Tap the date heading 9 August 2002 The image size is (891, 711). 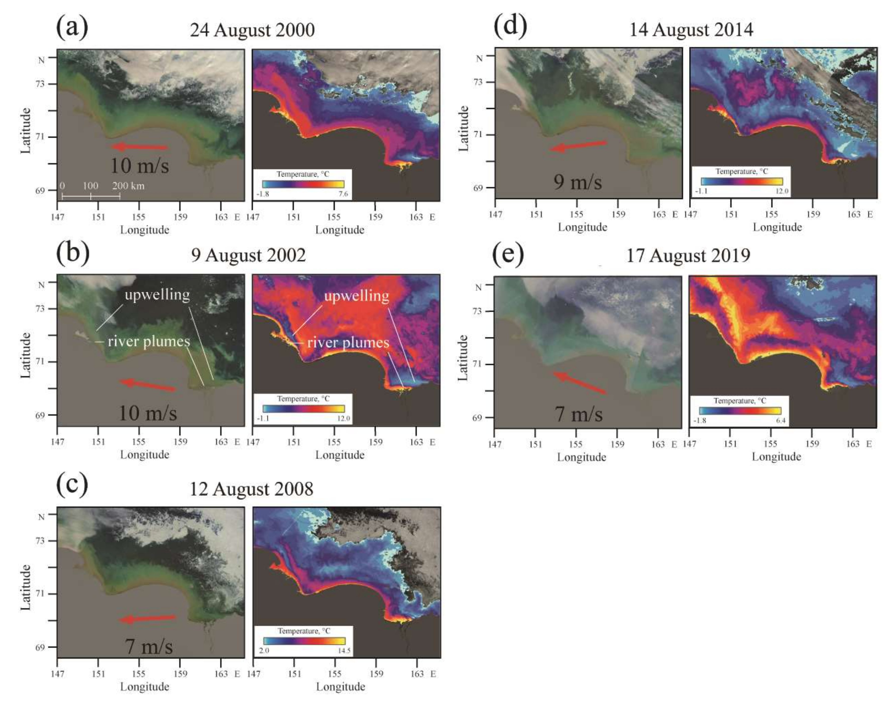pos(248,255)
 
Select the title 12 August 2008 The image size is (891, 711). pos(251,489)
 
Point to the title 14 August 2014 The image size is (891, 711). pos(691,30)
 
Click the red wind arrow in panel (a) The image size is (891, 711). pos(139,147)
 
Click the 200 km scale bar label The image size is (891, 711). pos(128,186)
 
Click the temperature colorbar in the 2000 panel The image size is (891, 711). pos(303,184)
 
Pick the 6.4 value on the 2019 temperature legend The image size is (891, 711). pos(781,421)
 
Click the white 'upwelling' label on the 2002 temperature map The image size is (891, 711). pos(356,296)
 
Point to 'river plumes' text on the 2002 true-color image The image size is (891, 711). pos(149,341)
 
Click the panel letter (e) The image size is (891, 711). pos(508,254)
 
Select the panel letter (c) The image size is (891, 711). pos(72,486)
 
